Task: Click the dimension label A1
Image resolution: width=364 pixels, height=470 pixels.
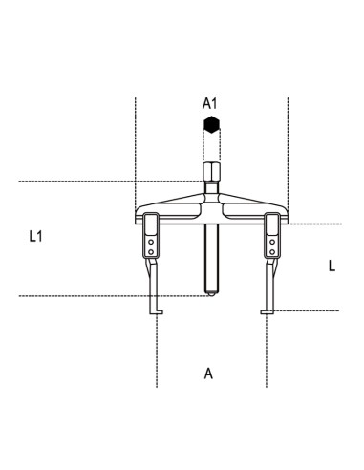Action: tap(209, 103)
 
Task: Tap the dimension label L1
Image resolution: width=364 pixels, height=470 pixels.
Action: tap(35, 236)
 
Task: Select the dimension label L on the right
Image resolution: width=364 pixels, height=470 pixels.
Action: tap(332, 266)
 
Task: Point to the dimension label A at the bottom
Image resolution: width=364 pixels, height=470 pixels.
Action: tap(208, 374)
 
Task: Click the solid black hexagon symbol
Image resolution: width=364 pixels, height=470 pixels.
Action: tap(211, 124)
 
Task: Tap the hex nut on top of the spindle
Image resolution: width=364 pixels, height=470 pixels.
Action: tap(211, 172)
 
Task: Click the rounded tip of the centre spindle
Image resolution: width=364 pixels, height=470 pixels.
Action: tap(211, 293)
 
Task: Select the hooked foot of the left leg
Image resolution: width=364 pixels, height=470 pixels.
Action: tap(157, 311)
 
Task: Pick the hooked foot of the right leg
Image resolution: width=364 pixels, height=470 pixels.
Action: tap(268, 311)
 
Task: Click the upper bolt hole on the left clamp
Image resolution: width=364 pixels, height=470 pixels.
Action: tap(151, 242)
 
